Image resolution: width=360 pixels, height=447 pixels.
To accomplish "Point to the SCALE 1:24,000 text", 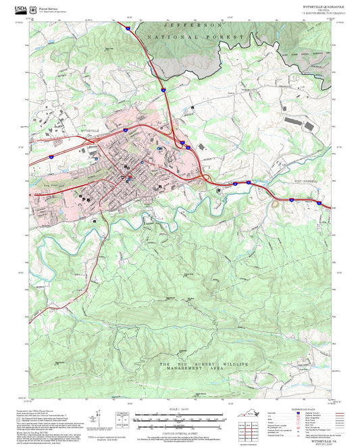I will [179, 410].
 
